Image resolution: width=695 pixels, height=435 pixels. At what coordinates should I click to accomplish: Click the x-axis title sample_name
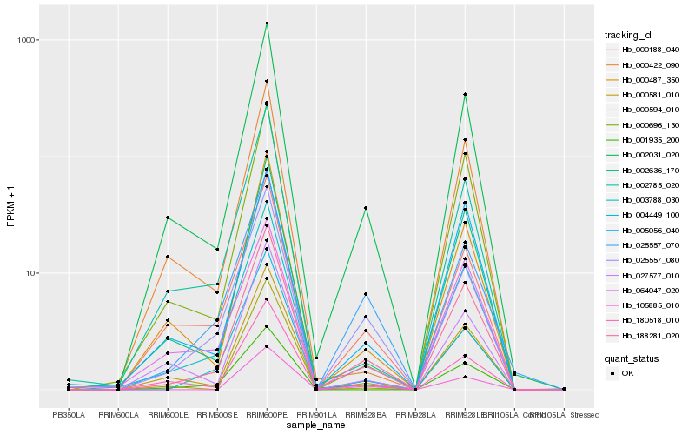pos(316,426)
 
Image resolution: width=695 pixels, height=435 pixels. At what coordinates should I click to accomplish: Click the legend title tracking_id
pos(629,35)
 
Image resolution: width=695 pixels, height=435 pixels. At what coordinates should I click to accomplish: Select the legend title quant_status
pos(632,357)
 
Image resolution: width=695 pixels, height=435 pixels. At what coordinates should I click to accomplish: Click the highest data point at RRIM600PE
pos(267,23)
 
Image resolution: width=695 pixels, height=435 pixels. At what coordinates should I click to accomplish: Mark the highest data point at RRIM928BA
pos(366,208)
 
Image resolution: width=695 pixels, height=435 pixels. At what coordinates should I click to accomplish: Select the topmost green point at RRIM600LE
pos(168,217)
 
